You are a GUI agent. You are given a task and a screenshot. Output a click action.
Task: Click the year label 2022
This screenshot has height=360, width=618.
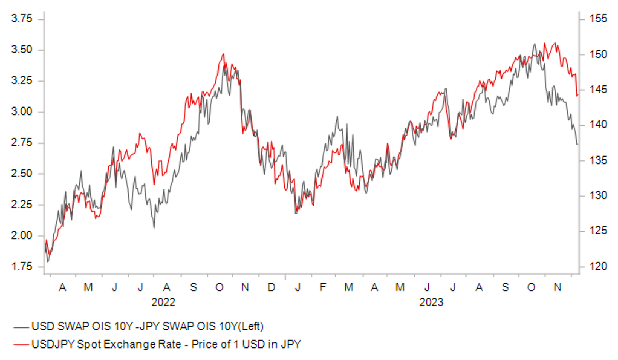pos(163,301)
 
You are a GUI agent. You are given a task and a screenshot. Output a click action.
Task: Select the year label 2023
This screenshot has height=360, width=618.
pos(432,301)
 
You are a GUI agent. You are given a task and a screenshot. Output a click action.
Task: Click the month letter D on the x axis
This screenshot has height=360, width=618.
pos(272,287)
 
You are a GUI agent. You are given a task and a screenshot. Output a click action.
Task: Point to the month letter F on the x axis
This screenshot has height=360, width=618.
pos(322,287)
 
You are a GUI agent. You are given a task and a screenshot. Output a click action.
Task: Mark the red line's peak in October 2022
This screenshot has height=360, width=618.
pos(223,54)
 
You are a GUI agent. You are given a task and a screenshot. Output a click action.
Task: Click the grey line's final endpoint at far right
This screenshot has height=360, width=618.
pos(577,144)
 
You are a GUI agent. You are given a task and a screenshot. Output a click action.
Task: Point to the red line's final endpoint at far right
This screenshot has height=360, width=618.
pos(577,95)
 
